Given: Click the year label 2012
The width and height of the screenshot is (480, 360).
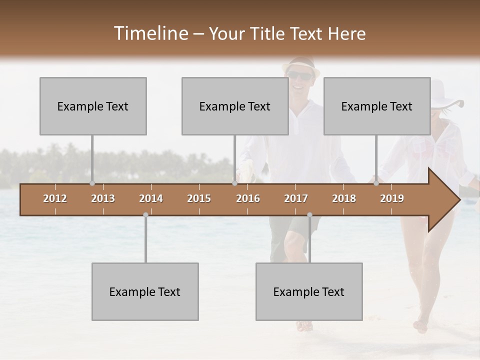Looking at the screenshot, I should pos(55,198).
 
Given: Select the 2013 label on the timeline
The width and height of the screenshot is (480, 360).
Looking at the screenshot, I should pos(103,198).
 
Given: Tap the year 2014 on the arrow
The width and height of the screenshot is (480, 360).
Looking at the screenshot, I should pos(151,198).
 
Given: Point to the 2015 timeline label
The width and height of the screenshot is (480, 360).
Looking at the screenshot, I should pos(199,198).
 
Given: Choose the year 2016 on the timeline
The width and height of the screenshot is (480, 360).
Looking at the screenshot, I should pos(248,198).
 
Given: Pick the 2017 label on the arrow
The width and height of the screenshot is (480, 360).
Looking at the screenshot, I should pos(296,198).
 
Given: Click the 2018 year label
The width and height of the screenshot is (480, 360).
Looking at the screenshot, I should pos(344,198).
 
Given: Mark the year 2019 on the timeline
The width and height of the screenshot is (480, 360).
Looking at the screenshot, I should pos(392,198).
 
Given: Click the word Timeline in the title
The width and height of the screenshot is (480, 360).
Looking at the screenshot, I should pos(150,33).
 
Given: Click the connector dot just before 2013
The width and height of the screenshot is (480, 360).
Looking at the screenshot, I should pos(92,183).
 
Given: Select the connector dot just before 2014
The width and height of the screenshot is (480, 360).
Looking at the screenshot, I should pos(145,214).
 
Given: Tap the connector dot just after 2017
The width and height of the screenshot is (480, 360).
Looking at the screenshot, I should pos(309,214).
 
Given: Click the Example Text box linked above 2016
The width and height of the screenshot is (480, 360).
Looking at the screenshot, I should pos(235,106).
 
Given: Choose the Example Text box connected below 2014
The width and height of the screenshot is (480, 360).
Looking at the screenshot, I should pos(145,291).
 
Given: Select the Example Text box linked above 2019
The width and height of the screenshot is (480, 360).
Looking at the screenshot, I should pos(377,106).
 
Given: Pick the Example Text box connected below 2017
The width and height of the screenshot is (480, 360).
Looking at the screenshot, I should pos(309,291).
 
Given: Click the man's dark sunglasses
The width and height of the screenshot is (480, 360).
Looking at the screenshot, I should pos(299,75).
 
